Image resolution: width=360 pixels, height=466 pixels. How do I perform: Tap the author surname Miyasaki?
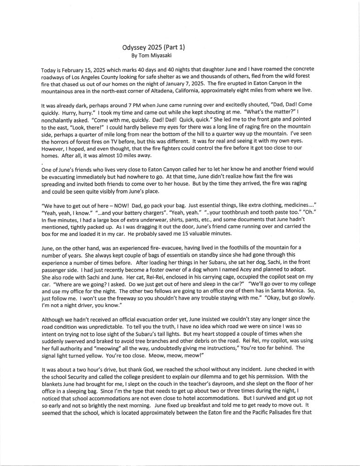click(x=162, y=55)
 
